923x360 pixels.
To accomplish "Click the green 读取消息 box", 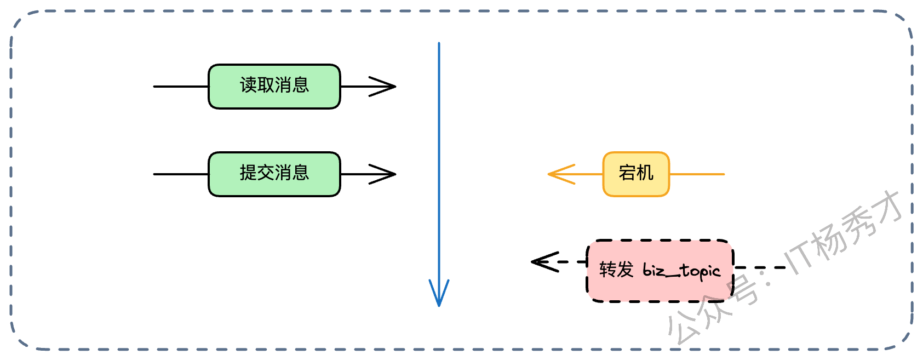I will coord(274,87).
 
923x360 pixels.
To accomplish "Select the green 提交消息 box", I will coord(274,174).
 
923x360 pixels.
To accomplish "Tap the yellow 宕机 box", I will coord(636,174).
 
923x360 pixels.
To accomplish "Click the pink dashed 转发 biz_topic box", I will coord(660,270).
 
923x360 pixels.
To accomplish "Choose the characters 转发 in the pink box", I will coord(616,270).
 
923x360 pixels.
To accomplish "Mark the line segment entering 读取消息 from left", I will coord(181,87).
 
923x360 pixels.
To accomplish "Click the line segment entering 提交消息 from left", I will coord(181,174).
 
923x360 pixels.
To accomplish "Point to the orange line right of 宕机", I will coord(697,174).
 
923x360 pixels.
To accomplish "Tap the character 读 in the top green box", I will coord(248,85).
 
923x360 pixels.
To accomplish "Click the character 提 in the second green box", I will coord(248,173).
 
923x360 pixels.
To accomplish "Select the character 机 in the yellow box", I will coord(645,173).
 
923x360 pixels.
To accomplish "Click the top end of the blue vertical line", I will coord(439,44).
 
